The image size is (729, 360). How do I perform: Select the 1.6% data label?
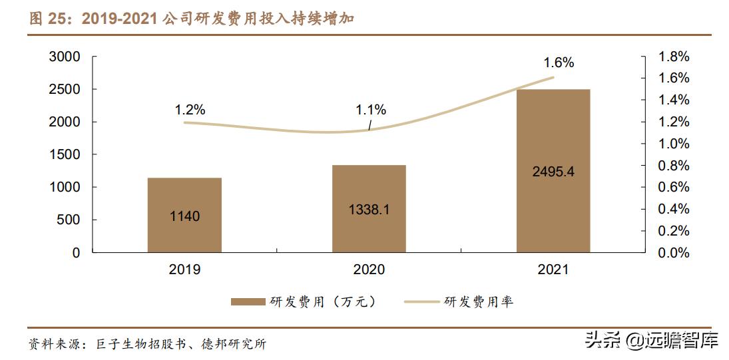coord(559,63)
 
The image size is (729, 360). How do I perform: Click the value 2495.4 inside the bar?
coord(553,171)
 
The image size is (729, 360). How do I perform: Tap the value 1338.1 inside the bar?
coord(369,210)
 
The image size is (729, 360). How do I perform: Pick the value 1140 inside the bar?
coord(184,216)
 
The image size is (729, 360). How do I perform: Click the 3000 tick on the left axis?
coord(65,57)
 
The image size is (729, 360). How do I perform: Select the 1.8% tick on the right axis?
coord(674,57)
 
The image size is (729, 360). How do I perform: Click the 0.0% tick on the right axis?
coord(674,253)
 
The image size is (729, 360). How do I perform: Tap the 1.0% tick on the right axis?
coord(674,144)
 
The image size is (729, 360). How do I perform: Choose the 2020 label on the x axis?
coord(369,270)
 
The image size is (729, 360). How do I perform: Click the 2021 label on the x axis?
coord(553,270)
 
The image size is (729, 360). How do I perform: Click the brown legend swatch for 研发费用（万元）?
coord(248,302)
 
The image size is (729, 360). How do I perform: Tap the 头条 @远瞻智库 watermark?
coord(652,341)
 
